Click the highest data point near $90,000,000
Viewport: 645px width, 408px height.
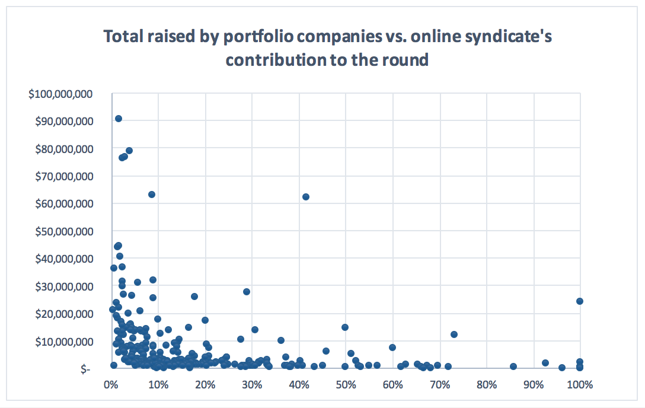(x=119, y=119)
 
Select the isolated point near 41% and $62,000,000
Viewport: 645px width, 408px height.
(x=306, y=197)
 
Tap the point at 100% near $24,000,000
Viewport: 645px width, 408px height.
(x=580, y=301)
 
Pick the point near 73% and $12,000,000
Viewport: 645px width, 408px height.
(x=454, y=334)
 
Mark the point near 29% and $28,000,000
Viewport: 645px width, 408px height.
(x=247, y=292)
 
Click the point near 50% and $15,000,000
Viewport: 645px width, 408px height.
(x=345, y=327)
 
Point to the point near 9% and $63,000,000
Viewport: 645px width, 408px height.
(x=152, y=195)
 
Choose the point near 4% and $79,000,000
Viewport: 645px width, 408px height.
(x=129, y=151)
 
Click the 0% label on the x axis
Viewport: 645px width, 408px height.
(x=110, y=385)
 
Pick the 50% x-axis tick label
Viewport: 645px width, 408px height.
(x=345, y=385)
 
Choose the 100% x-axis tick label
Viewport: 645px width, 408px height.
(x=580, y=385)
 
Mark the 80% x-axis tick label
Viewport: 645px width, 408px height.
(x=486, y=385)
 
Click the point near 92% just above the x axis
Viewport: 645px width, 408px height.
(x=545, y=363)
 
